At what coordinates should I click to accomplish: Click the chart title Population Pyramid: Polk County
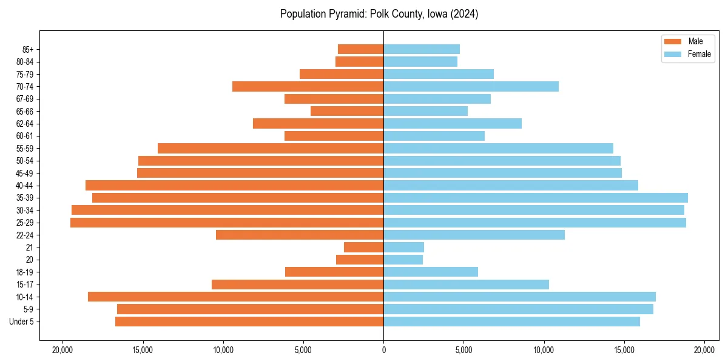[x=379, y=14]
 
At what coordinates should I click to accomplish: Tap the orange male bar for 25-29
[x=227, y=223]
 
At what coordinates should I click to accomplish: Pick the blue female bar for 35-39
[x=535, y=198]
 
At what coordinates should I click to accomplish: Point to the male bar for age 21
[x=363, y=248]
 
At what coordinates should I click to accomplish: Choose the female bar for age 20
[x=403, y=260]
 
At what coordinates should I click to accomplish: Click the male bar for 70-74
[x=308, y=87]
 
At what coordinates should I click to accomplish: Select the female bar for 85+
[x=422, y=49]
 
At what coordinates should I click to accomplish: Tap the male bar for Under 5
[x=249, y=322]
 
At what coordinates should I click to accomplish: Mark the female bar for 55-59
[x=498, y=149]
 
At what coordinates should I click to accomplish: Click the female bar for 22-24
[x=474, y=235]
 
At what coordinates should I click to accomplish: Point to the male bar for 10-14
[x=235, y=297]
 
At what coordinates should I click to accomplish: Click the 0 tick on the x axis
[x=383, y=350]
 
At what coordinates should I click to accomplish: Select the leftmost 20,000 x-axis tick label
[x=62, y=350]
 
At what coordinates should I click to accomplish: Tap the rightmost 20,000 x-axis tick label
[x=704, y=350]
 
